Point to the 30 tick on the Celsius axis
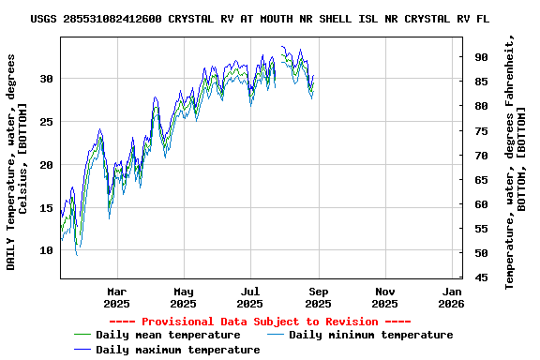(46, 79)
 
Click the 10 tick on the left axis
(46, 251)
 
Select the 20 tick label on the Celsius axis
(46, 165)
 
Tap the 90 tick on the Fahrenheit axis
(481, 57)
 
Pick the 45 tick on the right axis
(481, 277)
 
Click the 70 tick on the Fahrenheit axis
(481, 155)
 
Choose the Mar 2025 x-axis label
(116, 297)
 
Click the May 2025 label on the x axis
(183, 297)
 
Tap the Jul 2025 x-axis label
(250, 297)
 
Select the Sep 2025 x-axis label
(318, 297)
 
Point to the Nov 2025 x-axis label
(384, 297)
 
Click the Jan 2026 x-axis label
(452, 297)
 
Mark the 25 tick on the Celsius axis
(46, 122)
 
